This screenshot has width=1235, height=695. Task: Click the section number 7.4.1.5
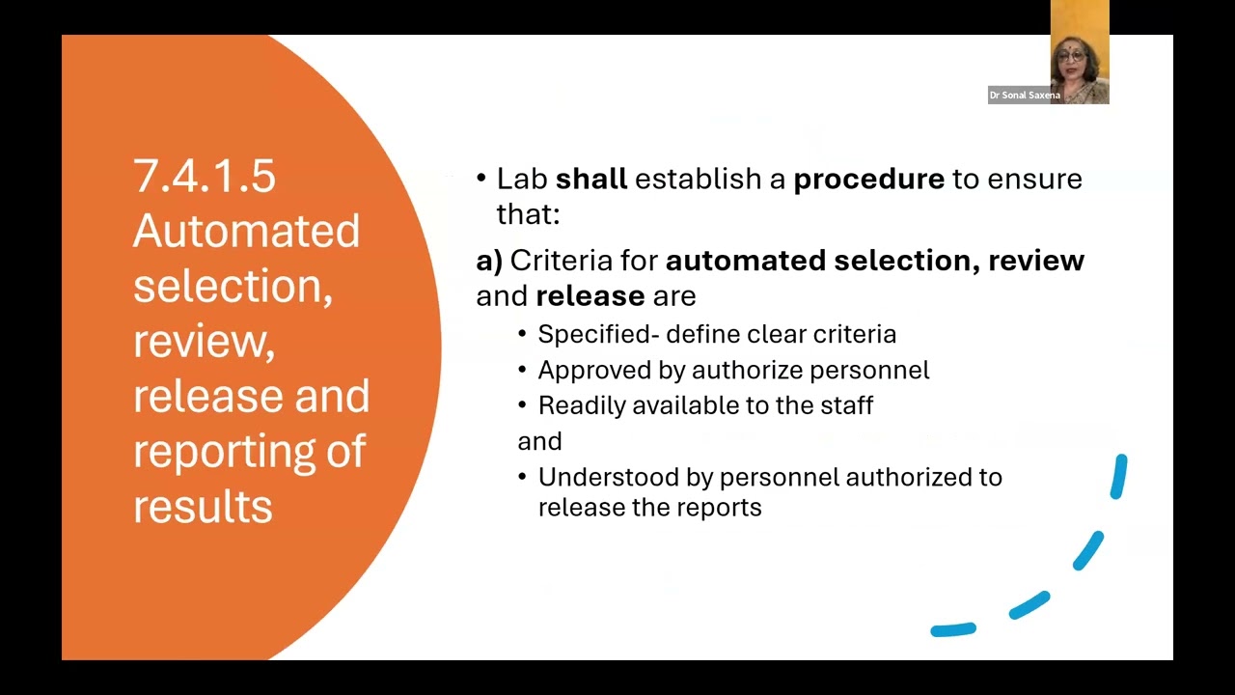click(205, 177)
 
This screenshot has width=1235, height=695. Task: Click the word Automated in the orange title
click(246, 232)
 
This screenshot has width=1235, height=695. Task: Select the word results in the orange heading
click(203, 507)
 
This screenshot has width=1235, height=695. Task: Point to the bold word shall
click(591, 179)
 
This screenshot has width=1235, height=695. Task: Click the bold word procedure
click(868, 180)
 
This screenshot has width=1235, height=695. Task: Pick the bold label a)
click(489, 261)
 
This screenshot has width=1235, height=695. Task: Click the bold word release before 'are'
click(590, 295)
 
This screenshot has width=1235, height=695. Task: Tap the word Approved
click(588, 370)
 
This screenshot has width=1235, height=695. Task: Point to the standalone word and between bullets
click(539, 441)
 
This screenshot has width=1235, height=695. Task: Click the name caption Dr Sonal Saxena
click(1025, 96)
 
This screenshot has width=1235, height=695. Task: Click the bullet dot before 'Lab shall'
click(481, 179)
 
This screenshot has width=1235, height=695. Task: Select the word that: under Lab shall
click(528, 213)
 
